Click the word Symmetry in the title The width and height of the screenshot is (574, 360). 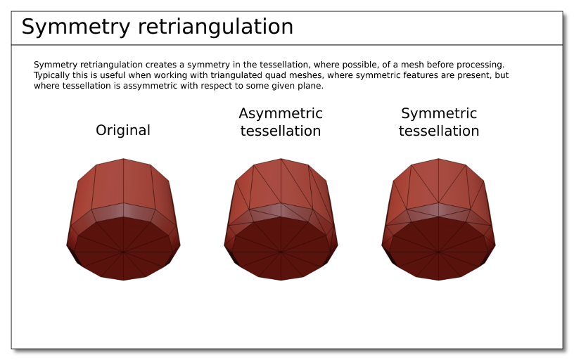point(76,27)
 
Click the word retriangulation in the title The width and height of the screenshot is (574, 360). point(216,26)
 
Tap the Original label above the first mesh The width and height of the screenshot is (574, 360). point(123,130)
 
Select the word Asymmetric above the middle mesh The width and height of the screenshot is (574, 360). point(281,113)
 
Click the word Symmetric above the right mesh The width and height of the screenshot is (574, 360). point(439,113)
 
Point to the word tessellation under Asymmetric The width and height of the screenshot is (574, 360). point(281,131)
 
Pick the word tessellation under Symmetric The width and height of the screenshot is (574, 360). point(439,131)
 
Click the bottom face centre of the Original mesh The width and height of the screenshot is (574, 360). point(123,252)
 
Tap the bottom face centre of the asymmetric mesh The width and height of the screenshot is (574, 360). point(281,252)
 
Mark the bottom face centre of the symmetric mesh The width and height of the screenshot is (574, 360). point(438,252)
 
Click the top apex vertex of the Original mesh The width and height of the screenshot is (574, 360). point(123,158)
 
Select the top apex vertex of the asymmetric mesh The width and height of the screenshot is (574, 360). point(281,158)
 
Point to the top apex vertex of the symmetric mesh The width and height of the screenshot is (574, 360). point(438,158)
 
